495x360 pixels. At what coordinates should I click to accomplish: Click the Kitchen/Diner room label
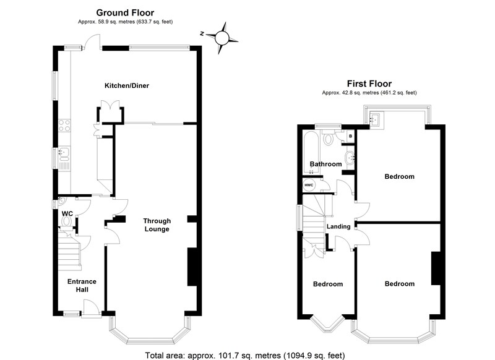pyautogui.click(x=127, y=85)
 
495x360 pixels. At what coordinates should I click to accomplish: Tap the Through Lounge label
pyautogui.click(x=157, y=225)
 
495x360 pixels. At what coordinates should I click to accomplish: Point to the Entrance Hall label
pyautogui.click(x=81, y=285)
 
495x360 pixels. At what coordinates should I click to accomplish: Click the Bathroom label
pyautogui.click(x=325, y=164)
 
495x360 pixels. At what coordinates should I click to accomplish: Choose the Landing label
pyautogui.click(x=339, y=226)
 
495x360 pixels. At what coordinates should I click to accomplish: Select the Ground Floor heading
pyautogui.click(x=125, y=12)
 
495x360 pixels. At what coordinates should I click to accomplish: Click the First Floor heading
pyautogui.click(x=369, y=84)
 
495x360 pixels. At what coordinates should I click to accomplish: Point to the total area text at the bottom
pyautogui.click(x=247, y=354)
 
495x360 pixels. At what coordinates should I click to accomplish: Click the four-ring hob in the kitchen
pyautogui.click(x=63, y=126)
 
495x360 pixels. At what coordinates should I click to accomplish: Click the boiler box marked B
pyautogui.click(x=350, y=135)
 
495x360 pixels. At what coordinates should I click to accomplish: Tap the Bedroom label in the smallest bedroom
pyautogui.click(x=327, y=285)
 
